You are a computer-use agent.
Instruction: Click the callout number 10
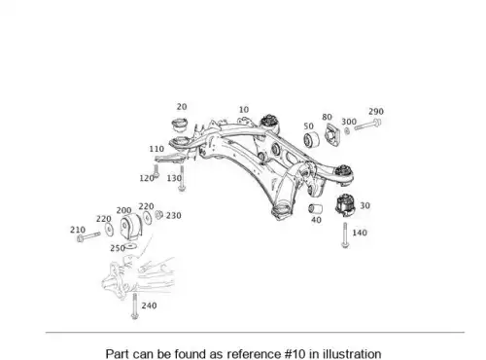pyautogui.click(x=244, y=110)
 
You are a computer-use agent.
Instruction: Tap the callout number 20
pyautogui.click(x=182, y=107)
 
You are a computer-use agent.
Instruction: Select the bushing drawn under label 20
pyautogui.click(x=180, y=125)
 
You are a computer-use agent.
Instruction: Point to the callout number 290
pyautogui.click(x=376, y=112)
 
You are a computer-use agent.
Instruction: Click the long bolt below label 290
pyautogui.click(x=367, y=125)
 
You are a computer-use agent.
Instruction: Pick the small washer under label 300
pyautogui.click(x=347, y=131)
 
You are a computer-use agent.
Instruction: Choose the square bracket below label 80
pyautogui.click(x=331, y=133)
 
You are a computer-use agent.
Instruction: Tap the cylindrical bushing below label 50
pyautogui.click(x=311, y=139)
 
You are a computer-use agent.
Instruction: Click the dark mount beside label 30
pyautogui.click(x=345, y=203)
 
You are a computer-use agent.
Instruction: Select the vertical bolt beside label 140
pyautogui.click(x=345, y=235)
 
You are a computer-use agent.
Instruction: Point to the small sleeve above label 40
pyautogui.click(x=315, y=208)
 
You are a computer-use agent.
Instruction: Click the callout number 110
pyautogui.click(x=156, y=149)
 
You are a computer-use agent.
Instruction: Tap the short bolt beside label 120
pyautogui.click(x=156, y=171)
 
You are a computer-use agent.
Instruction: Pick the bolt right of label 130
pyautogui.click(x=182, y=178)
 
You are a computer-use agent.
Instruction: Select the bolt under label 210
pyautogui.click(x=88, y=236)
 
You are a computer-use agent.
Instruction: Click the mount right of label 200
pyautogui.click(x=131, y=227)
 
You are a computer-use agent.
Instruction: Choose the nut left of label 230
pyautogui.click(x=158, y=214)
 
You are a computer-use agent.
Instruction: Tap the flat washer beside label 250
pyautogui.click(x=130, y=246)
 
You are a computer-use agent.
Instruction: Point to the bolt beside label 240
pyautogui.click(x=134, y=306)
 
